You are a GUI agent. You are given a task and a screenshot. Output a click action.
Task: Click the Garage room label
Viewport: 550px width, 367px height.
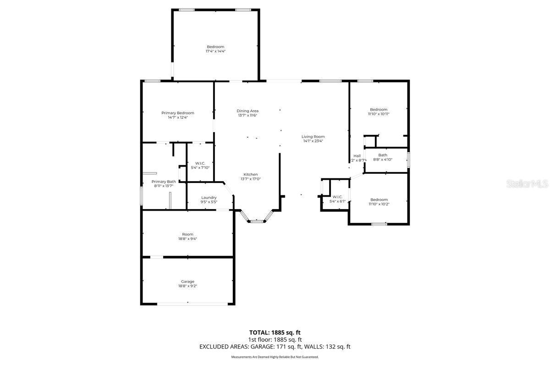tap(187, 281)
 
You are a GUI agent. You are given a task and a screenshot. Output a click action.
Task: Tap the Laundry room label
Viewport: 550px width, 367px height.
tap(209, 197)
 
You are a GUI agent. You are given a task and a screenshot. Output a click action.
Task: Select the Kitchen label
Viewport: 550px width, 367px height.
tap(250, 174)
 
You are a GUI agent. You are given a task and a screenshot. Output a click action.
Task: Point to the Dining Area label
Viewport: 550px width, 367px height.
tap(247, 111)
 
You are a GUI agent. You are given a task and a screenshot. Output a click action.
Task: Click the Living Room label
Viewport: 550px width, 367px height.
tap(313, 136)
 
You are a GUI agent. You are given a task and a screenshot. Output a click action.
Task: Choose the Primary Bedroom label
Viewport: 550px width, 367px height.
tap(177, 113)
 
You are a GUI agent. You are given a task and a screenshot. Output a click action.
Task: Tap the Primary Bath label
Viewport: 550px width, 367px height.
tap(164, 181)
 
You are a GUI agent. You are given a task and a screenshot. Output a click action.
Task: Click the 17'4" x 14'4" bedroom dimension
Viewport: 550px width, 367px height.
tap(215, 51)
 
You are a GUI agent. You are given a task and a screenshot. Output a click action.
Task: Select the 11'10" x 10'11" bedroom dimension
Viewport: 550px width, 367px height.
tap(379, 114)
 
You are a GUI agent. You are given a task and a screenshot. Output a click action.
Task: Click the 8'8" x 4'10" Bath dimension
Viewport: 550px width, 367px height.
tap(382, 160)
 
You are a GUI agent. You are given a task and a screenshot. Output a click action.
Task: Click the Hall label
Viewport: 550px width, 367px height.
tap(357, 156)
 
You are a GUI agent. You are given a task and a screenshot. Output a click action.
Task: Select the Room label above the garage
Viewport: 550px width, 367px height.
tap(187, 234)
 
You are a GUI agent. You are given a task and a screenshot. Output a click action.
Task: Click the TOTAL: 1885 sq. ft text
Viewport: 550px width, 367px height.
tap(275, 332)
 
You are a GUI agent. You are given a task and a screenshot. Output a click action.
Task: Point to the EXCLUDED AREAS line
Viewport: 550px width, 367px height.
tap(275, 347)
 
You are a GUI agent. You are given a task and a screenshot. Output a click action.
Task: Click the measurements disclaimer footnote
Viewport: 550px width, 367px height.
tap(275, 357)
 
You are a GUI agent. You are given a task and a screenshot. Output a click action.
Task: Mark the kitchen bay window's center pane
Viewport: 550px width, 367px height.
tap(257, 222)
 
